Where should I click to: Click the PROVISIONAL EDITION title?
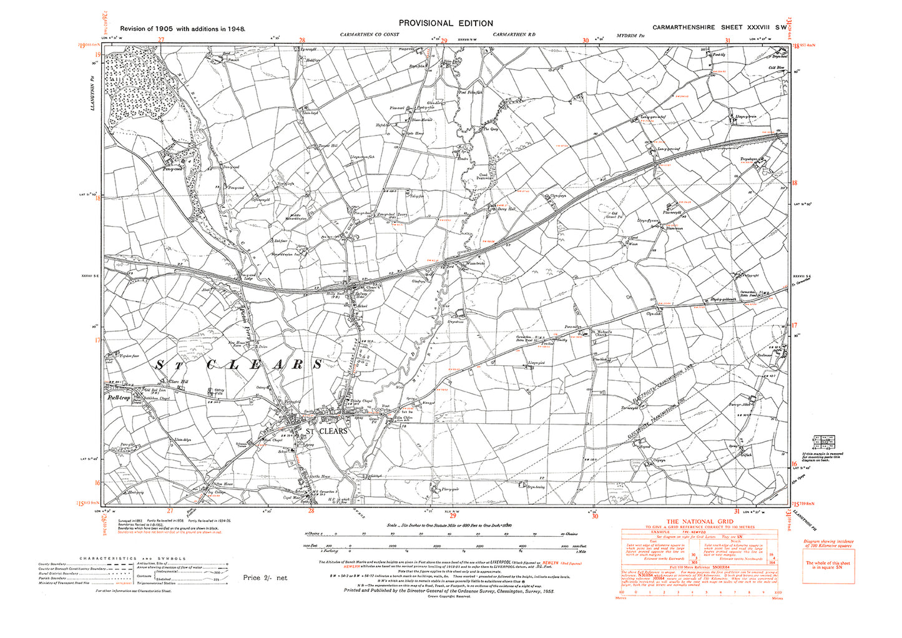click(x=443, y=23)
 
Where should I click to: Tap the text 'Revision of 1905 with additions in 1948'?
click(x=183, y=29)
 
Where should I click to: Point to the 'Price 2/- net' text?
click(x=265, y=578)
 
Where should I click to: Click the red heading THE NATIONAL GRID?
click(x=699, y=522)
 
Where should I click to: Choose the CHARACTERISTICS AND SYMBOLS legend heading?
click(x=132, y=559)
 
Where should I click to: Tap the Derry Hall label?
click(x=507, y=209)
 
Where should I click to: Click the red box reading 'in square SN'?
click(x=828, y=565)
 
